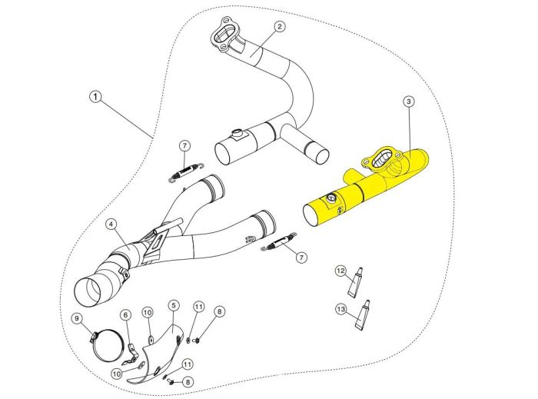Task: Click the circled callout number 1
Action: coord(94,98)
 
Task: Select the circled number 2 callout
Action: coord(279,26)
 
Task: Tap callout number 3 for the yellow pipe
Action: coord(409,101)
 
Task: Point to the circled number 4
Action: coord(111,224)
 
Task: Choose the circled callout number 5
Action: coord(174,306)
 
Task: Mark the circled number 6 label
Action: coord(125,314)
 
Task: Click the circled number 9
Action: coord(77,318)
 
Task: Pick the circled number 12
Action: coord(340,271)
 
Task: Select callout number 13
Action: coord(340,309)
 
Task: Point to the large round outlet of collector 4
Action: coord(91,292)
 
